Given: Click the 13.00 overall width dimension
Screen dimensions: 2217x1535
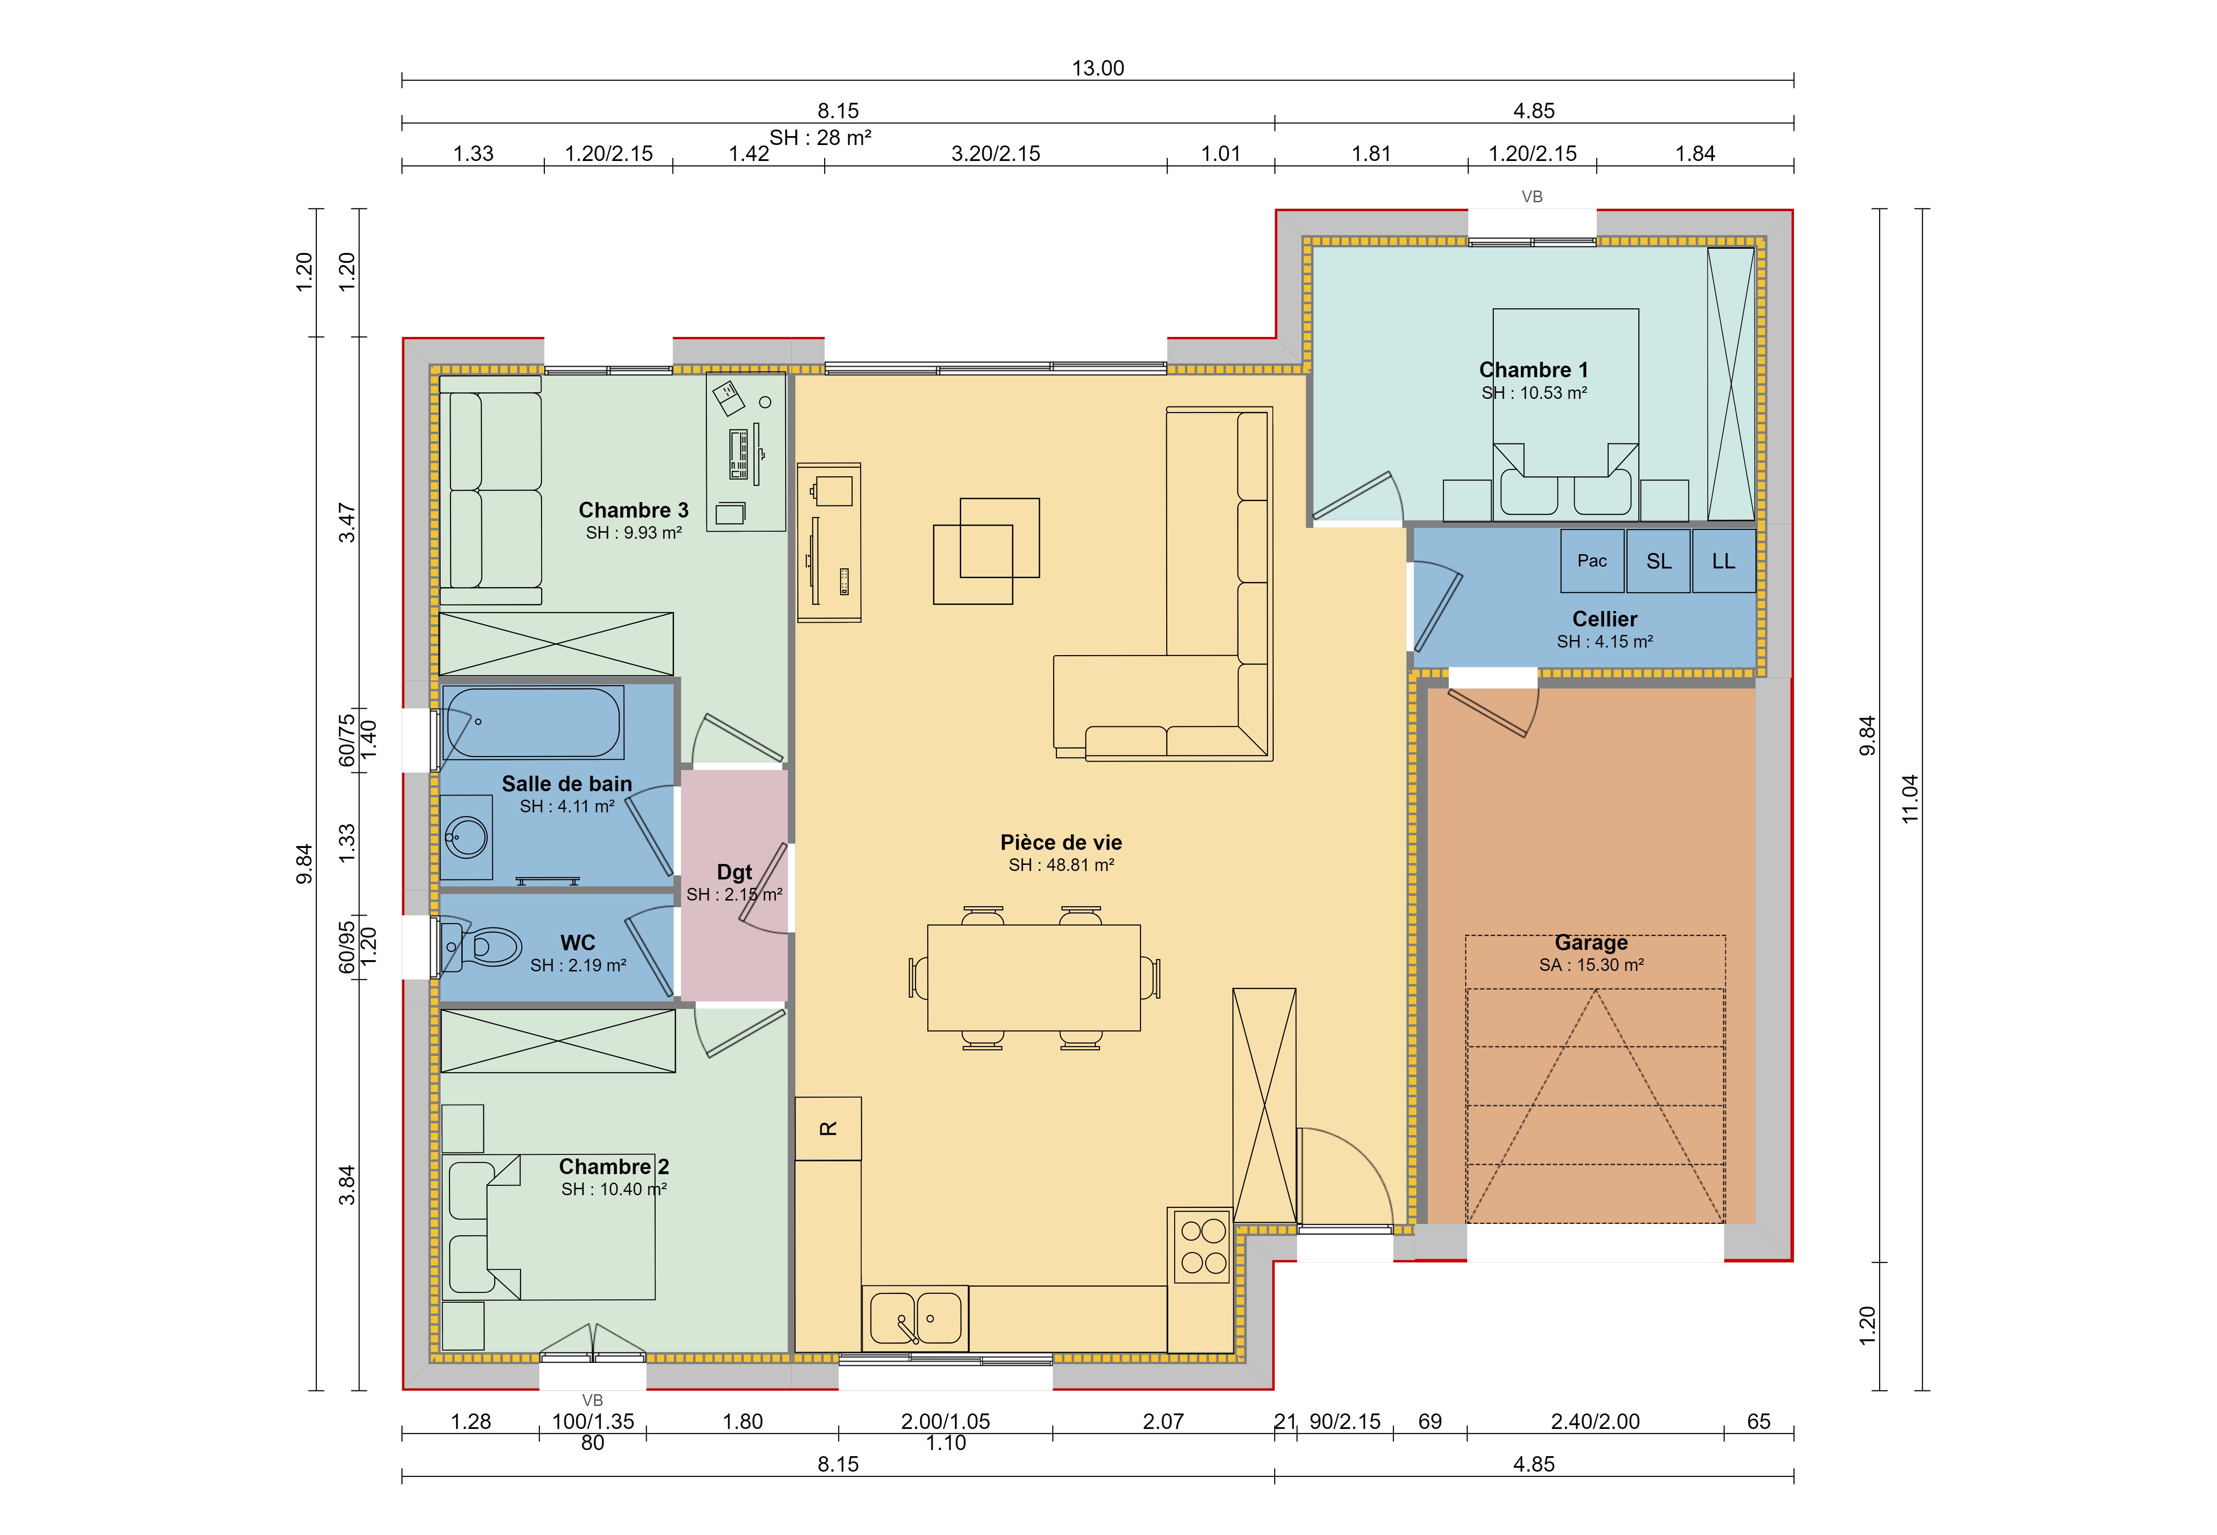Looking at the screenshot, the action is [1097, 69].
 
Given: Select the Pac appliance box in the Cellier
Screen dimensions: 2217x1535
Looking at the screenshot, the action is [1592, 561].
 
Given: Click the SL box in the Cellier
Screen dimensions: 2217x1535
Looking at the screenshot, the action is [1658, 561].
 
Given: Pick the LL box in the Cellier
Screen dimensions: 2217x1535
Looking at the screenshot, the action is [1724, 561].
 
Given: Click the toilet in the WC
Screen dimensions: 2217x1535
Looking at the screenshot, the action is [481, 947].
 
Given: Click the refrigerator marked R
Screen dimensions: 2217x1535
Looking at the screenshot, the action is [828, 1128].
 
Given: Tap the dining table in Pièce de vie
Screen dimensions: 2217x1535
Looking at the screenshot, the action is [1034, 977].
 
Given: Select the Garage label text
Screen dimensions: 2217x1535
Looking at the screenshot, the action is [1591, 943].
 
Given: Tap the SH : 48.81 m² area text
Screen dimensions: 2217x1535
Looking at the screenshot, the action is [1061, 864].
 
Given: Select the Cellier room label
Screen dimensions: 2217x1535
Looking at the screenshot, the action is [1604, 619].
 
